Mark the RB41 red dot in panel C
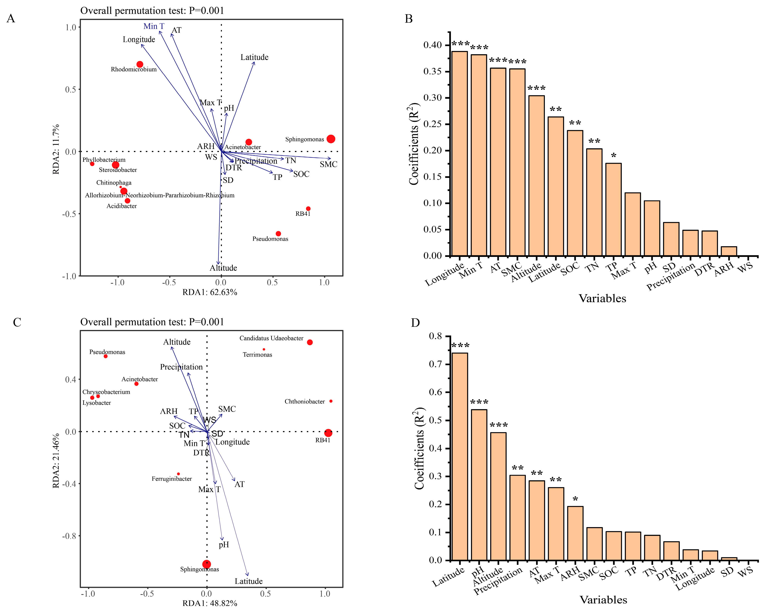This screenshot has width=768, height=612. (328, 433)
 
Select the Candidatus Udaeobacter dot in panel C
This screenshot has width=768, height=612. (310, 342)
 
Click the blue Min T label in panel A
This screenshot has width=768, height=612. (154, 26)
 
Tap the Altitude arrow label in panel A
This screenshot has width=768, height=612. (223, 268)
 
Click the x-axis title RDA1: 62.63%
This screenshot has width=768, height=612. (210, 292)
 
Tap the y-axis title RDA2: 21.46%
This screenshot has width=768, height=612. (56, 461)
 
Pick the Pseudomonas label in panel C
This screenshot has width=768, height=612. (107, 352)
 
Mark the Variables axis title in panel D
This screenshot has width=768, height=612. (603, 599)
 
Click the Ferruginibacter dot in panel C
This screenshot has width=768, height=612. (178, 474)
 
